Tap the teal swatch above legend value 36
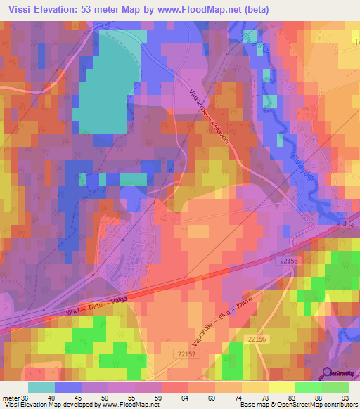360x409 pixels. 41,387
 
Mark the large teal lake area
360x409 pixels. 109,77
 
